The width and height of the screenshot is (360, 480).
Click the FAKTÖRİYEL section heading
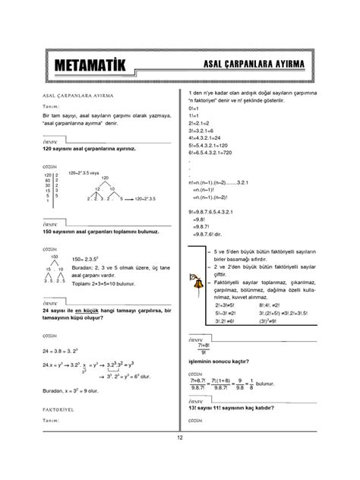58,407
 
